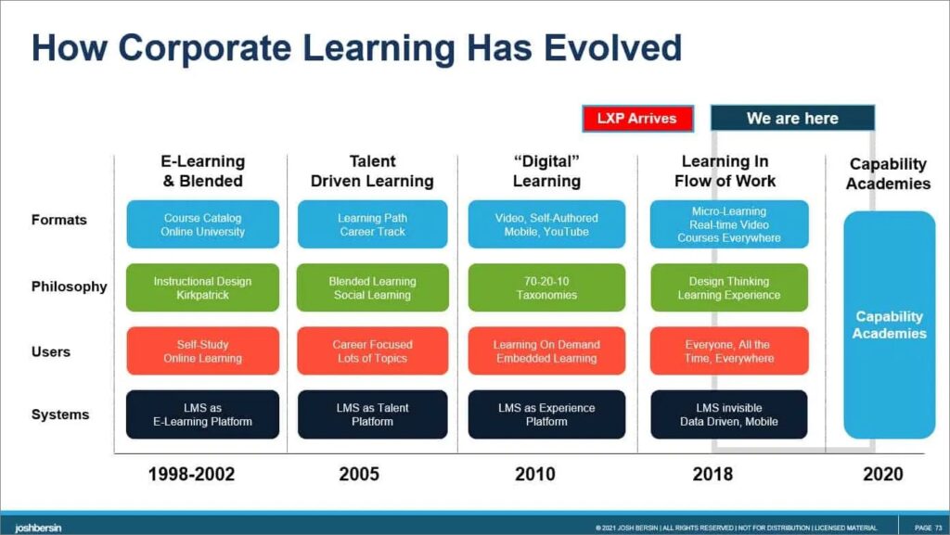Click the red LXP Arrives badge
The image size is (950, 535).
pyautogui.click(x=637, y=118)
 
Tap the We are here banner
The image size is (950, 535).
pyautogui.click(x=792, y=118)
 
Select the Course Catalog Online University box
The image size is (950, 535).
pyautogui.click(x=203, y=224)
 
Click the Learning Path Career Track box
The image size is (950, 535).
pyautogui.click(x=373, y=224)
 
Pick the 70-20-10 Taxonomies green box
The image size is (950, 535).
pyautogui.click(x=546, y=287)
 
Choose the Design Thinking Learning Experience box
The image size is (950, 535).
pyautogui.click(x=729, y=287)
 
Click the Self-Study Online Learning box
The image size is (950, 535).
pyautogui.click(x=203, y=351)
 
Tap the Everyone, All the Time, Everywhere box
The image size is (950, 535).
pyautogui.click(x=729, y=351)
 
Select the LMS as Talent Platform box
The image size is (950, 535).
pyautogui.click(x=373, y=414)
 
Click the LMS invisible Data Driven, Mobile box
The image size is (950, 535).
pyautogui.click(x=729, y=414)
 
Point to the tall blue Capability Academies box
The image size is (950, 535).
pyautogui.click(x=890, y=325)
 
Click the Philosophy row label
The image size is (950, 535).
pyautogui.click(x=69, y=287)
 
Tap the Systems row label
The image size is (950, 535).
pyautogui.click(x=60, y=414)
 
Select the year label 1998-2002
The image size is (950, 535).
pyautogui.click(x=191, y=474)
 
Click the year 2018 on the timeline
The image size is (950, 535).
pyautogui.click(x=712, y=474)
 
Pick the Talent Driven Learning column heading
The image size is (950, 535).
pyautogui.click(x=372, y=172)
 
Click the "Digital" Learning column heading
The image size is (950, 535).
pyautogui.click(x=546, y=172)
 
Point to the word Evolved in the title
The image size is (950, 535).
pyautogui.click(x=612, y=48)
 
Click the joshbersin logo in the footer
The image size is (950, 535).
pyautogui.click(x=38, y=529)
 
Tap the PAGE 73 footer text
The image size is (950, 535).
pyautogui.click(x=928, y=529)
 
